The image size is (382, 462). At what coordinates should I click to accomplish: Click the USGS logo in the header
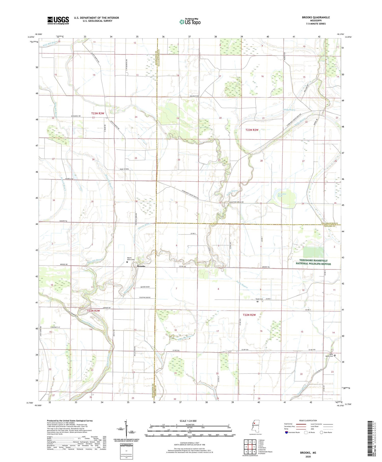pyautogui.click(x=58, y=20)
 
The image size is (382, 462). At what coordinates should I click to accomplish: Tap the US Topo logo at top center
pyautogui.click(x=190, y=22)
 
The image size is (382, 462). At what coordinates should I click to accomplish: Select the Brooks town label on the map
pyautogui.click(x=141, y=266)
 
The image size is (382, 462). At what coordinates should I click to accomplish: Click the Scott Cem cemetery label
pyautogui.click(x=259, y=299)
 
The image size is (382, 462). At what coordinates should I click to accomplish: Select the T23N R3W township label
pyautogui.click(x=98, y=113)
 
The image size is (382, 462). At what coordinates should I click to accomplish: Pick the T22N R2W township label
pyautogui.click(x=249, y=315)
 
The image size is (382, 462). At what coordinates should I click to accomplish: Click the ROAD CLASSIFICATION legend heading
pyautogui.click(x=308, y=420)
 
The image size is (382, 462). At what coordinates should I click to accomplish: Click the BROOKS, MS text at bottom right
pyautogui.click(x=308, y=453)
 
